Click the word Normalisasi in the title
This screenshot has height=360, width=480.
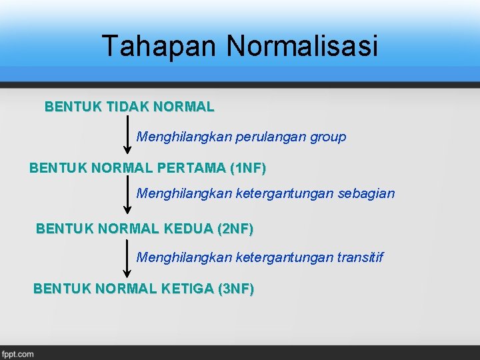[302, 47]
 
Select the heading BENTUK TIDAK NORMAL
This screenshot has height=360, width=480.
[129, 107]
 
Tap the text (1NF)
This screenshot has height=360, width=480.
[247, 169]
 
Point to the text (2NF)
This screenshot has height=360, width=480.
[235, 229]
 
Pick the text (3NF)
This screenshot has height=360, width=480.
[235, 289]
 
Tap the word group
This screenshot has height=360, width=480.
[327, 137]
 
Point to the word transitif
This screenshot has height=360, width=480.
[361, 257]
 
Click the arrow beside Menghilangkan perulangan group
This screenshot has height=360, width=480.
[127, 134]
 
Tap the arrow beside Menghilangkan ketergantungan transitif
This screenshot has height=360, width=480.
[127, 257]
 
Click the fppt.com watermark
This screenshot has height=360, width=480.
[18, 354]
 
